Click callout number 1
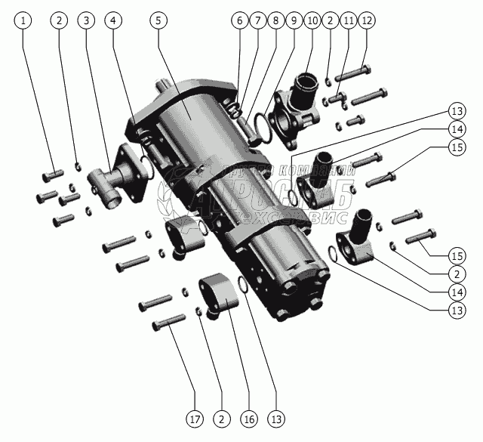(x=26, y=20)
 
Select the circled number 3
(x=88, y=20)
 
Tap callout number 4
(x=113, y=20)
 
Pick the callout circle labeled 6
(x=240, y=20)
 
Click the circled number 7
(x=257, y=20)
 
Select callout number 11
(x=349, y=20)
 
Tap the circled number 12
(x=367, y=20)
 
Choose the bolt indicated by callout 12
(x=355, y=74)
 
